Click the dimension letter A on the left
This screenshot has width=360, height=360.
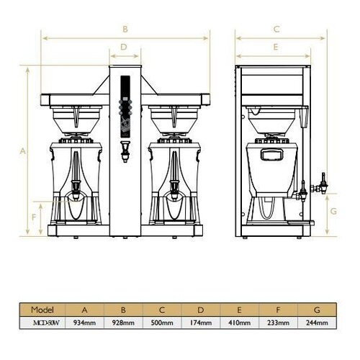click(23, 152)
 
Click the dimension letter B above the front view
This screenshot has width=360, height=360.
click(125, 30)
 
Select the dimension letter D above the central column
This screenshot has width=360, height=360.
click(124, 47)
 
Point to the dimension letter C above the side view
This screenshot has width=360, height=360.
click(276, 30)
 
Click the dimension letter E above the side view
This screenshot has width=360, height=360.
click(276, 47)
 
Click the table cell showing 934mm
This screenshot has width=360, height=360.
click(84, 323)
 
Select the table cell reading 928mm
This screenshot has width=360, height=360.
click(123, 323)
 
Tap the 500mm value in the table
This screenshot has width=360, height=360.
click(162, 323)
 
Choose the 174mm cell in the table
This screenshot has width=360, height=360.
click(201, 323)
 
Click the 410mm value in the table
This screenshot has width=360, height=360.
click(240, 323)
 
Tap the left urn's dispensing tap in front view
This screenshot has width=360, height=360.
click(74, 192)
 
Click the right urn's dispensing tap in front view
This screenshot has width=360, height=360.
click(174, 192)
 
